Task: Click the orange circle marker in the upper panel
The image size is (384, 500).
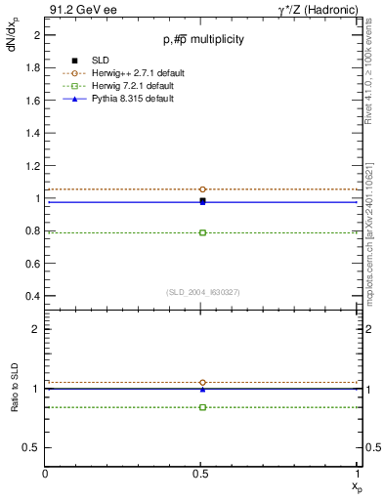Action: (x=202, y=189)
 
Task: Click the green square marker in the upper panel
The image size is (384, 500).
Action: (x=202, y=232)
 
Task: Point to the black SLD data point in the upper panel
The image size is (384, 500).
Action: (x=202, y=200)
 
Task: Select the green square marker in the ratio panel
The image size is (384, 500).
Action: (x=202, y=406)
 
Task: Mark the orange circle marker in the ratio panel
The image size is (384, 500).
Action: (x=202, y=383)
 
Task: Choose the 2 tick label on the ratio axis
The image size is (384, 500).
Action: (x=35, y=329)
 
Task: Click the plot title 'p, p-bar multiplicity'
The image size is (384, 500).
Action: (x=202, y=39)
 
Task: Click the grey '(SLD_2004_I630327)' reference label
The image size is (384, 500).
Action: (x=202, y=292)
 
